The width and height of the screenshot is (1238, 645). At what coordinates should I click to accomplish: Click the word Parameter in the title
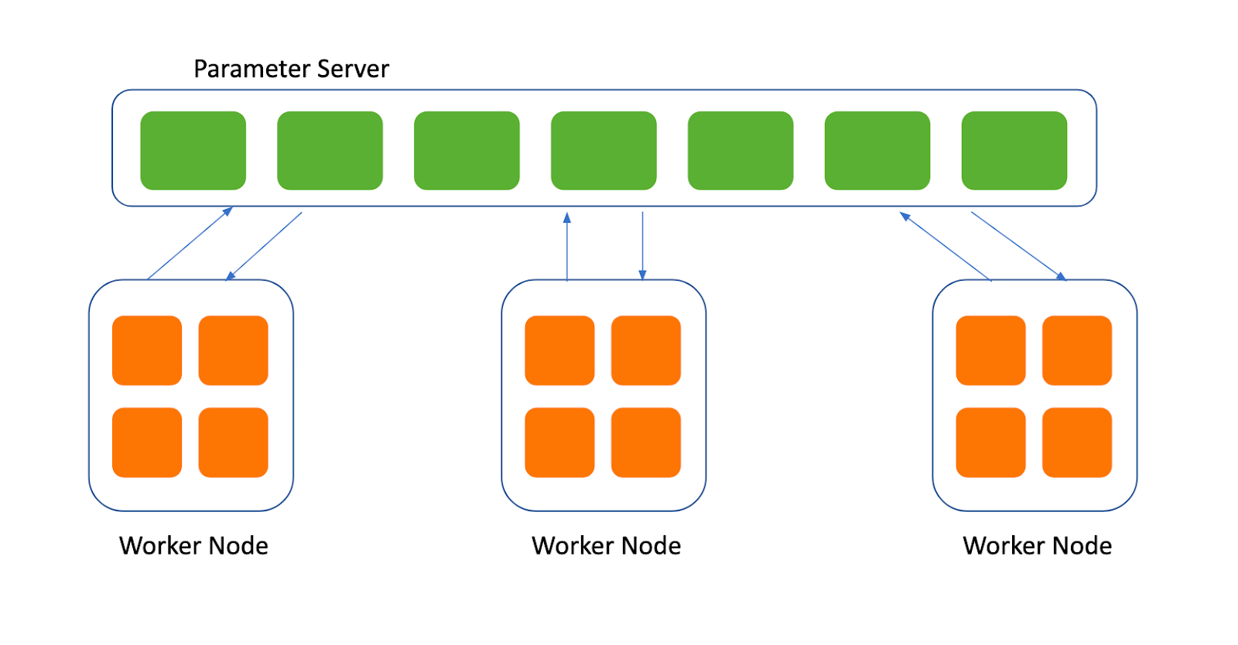click(252, 69)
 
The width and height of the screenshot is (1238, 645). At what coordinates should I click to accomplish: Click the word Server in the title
click(353, 69)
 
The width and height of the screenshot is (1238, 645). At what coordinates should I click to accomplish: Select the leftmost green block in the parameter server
click(193, 150)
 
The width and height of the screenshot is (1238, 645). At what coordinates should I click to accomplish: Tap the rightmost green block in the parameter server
click(1014, 150)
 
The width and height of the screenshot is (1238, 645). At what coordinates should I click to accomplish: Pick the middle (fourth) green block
click(604, 150)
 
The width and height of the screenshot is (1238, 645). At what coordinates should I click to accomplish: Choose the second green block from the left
click(330, 150)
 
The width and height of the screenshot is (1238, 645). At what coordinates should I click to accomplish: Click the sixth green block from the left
click(877, 150)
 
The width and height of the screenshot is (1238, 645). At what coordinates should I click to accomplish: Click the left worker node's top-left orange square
click(147, 350)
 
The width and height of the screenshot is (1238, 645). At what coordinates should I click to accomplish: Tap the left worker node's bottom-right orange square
click(233, 442)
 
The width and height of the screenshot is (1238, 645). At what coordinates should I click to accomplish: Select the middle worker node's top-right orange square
click(646, 350)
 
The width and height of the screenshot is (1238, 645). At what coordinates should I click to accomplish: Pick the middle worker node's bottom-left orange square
click(560, 442)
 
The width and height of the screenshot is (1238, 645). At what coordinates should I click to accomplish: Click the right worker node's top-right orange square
click(1077, 350)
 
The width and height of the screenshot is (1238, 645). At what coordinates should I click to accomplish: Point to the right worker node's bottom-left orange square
click(991, 442)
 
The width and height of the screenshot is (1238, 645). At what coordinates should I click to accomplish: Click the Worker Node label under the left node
click(193, 545)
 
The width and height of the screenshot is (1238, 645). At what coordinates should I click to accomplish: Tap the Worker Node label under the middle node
click(607, 545)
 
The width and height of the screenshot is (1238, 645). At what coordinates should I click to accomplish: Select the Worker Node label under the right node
click(1038, 545)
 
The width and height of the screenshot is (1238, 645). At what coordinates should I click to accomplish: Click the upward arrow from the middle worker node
click(567, 247)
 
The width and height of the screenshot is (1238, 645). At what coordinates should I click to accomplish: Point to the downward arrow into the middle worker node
click(642, 246)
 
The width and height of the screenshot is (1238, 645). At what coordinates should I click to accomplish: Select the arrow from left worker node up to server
click(190, 244)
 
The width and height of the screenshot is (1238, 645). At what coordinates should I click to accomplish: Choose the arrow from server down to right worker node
click(1018, 246)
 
